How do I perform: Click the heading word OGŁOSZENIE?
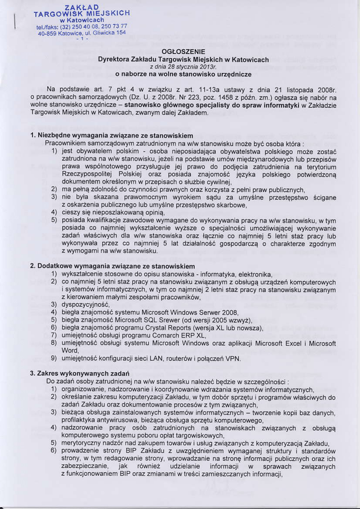click(x=183, y=51)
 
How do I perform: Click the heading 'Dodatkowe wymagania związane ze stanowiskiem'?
click(x=115, y=266)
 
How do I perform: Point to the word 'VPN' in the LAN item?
click(x=233, y=358)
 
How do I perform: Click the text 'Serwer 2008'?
click(x=217, y=312)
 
